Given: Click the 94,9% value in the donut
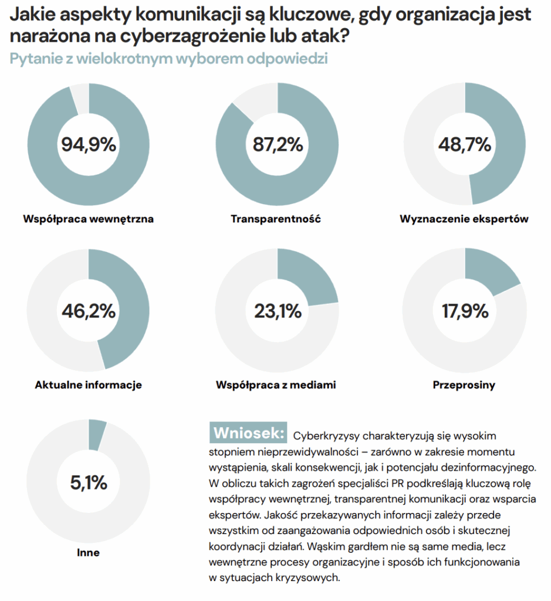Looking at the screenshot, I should tap(89, 144).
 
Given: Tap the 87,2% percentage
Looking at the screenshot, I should tap(278, 144).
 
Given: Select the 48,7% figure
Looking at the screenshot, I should tap(464, 144).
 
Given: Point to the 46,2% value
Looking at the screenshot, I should tap(89, 310).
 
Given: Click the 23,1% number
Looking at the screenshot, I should tap(278, 310).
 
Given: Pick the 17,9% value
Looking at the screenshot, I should tap(464, 310).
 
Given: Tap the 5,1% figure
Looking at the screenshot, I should tap(89, 482).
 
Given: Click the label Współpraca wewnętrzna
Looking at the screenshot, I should tap(89, 220).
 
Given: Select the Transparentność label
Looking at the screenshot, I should tap(276, 220).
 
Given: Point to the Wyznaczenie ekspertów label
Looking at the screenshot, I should tap(464, 220).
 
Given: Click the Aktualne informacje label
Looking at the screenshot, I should tap(89, 386).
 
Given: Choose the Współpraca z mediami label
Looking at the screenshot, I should tap(276, 386).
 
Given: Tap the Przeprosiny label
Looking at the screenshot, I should tap(464, 386).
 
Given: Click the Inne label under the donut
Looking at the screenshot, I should tap(89, 552).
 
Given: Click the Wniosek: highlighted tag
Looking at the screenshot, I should tap(249, 433).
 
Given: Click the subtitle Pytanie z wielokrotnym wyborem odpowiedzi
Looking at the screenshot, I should tap(168, 59).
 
